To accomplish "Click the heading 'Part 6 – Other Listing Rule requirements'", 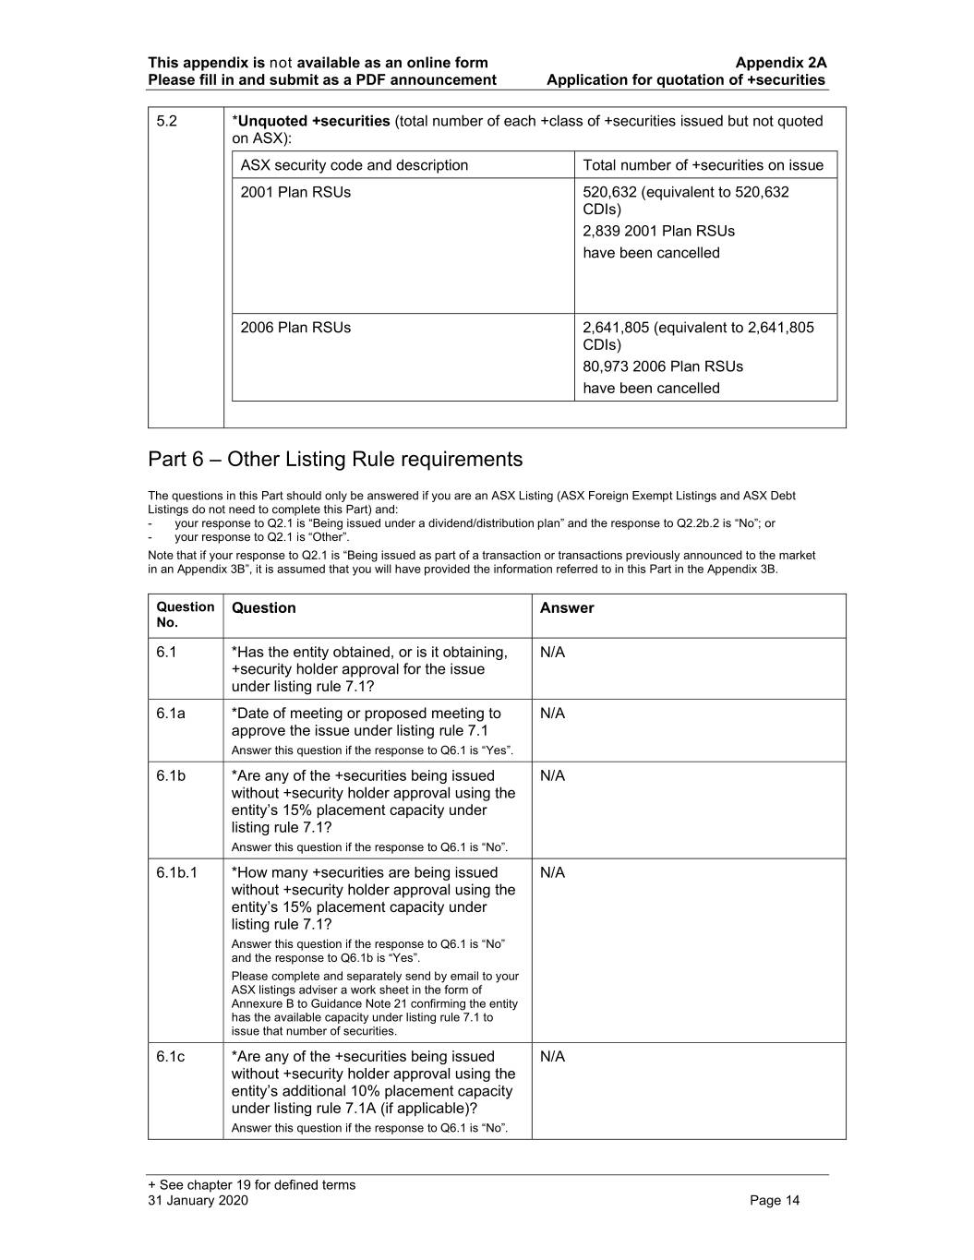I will click(x=335, y=460).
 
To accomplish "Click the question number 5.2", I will click(x=166, y=121).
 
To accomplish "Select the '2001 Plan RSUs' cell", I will click(x=295, y=192).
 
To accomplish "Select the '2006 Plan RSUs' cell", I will click(x=295, y=328).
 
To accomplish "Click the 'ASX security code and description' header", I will click(x=355, y=165).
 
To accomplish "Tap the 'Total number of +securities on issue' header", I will click(x=703, y=165).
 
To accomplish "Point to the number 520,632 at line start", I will click(x=608, y=192).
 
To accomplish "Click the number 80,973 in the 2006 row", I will click(x=606, y=366).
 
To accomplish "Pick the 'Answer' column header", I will click(x=567, y=608).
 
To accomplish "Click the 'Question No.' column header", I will click(x=185, y=615).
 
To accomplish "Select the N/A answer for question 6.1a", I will click(x=552, y=714).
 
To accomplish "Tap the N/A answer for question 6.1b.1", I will click(x=552, y=873).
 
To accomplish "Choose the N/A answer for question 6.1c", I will click(x=552, y=1057).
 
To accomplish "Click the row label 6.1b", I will click(x=171, y=776).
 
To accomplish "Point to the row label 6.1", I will click(x=166, y=653).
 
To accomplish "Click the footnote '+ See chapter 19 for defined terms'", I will click(x=251, y=1185).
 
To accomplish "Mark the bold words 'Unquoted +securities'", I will click(x=314, y=121).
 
